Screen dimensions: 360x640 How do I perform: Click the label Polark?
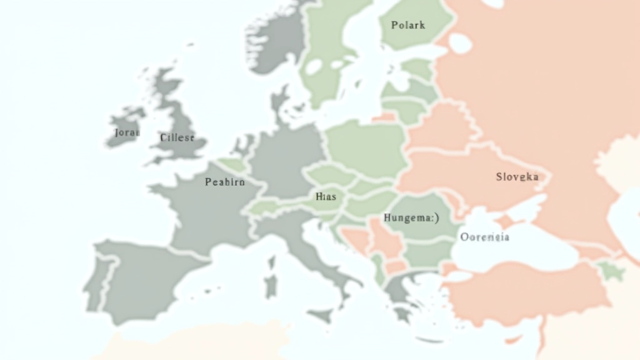tap(407, 26)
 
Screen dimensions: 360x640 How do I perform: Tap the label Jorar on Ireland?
tap(127, 132)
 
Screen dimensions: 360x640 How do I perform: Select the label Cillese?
tap(177, 137)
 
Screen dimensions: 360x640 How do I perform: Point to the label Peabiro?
tap(225, 182)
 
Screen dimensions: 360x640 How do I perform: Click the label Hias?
tap(326, 196)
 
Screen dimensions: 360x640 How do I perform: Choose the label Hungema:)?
tap(410, 218)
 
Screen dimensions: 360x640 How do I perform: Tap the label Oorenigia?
tap(484, 237)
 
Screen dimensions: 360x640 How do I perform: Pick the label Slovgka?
tap(517, 177)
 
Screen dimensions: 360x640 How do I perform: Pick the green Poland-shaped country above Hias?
tap(366, 147)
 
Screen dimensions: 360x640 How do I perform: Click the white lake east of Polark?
tap(461, 42)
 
